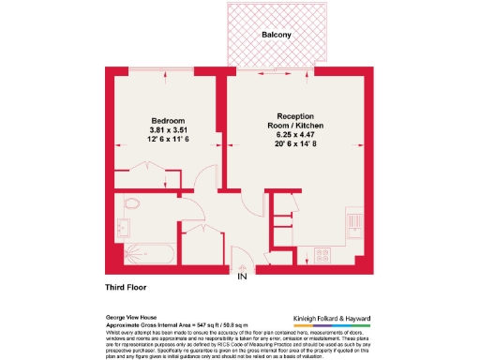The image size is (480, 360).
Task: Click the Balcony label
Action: point(277,35)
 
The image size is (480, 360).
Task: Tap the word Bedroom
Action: point(170,121)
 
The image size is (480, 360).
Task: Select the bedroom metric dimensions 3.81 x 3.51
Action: point(170,129)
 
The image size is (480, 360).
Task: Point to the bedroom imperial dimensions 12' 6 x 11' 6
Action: point(170,139)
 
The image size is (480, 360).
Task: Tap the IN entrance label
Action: point(241,276)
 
